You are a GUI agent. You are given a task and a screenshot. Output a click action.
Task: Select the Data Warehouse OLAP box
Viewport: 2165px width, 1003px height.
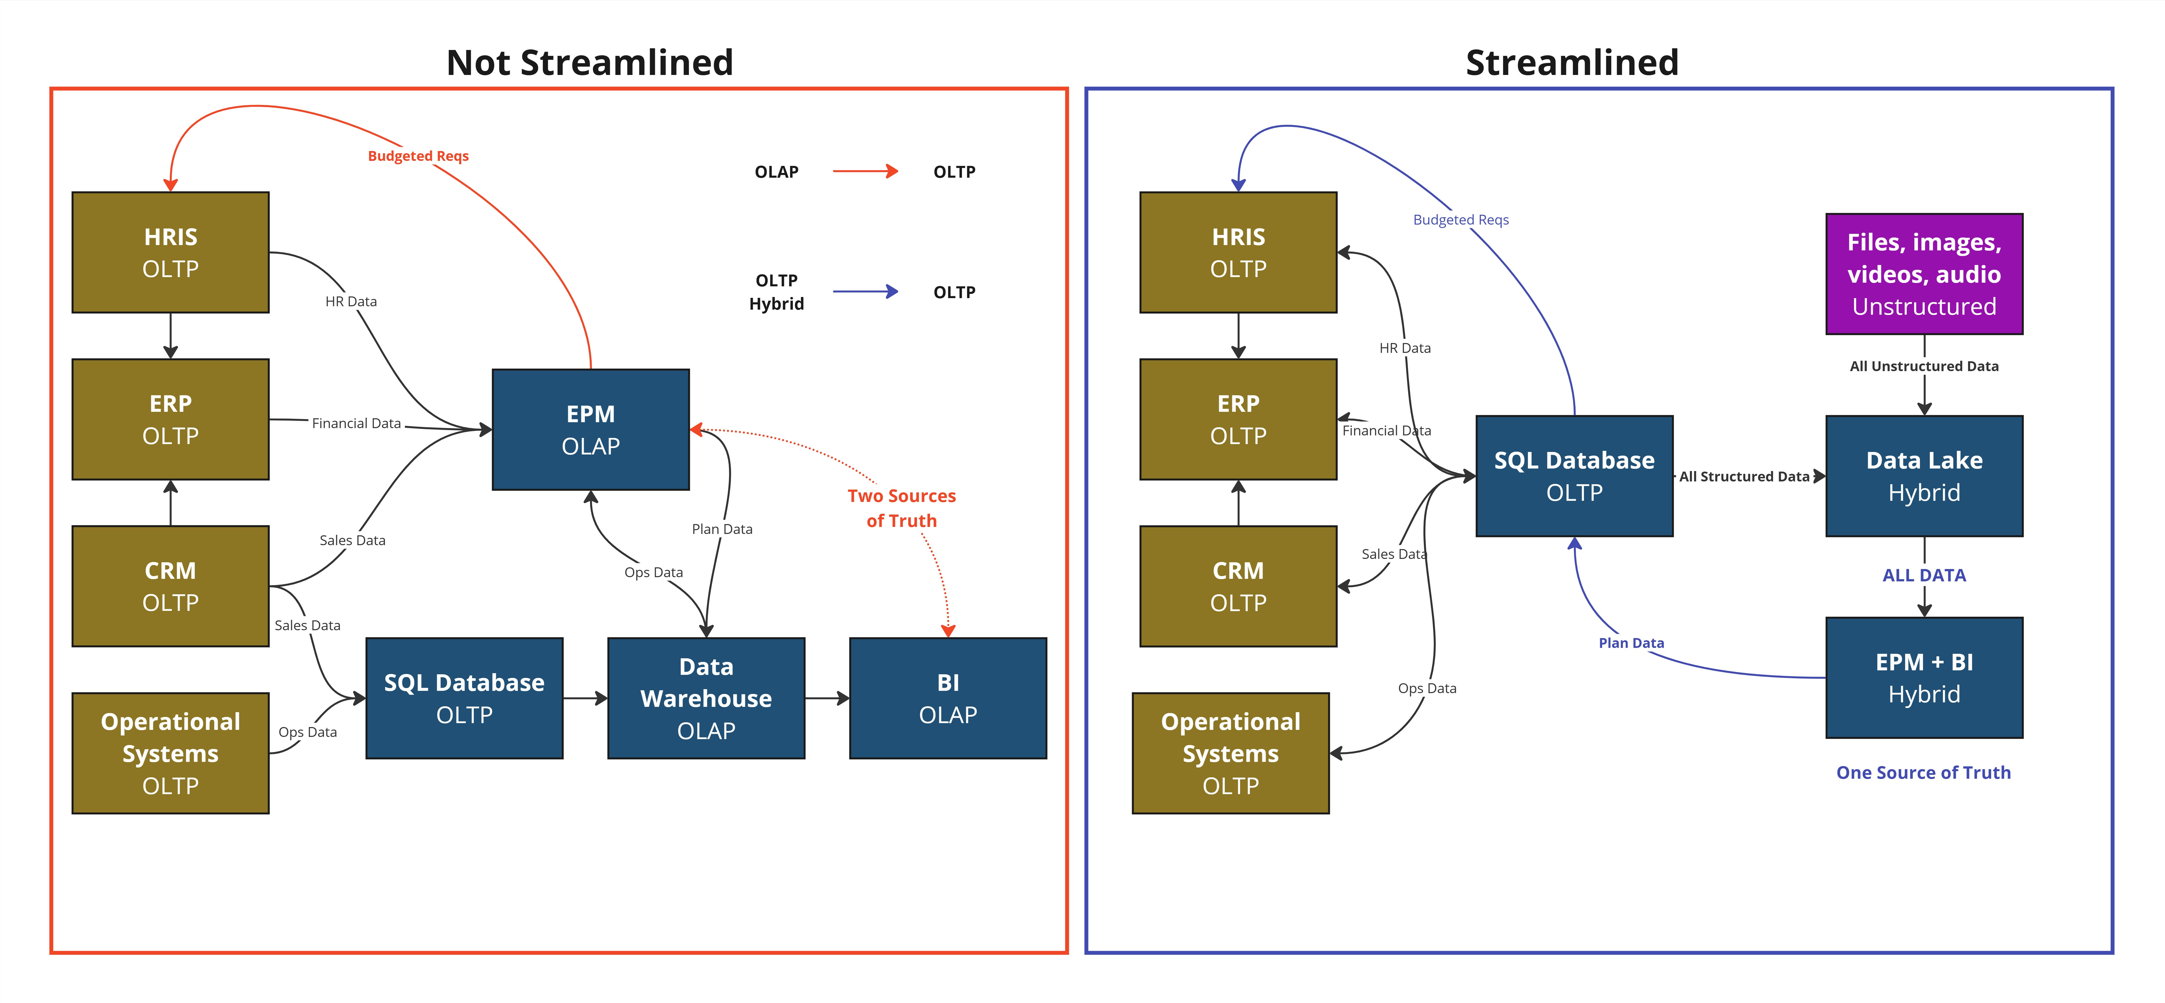(x=706, y=698)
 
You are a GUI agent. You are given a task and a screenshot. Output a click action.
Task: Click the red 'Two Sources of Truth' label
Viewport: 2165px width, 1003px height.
(x=901, y=508)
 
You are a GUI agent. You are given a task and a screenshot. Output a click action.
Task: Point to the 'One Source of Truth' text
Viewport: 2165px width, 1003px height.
(x=1923, y=773)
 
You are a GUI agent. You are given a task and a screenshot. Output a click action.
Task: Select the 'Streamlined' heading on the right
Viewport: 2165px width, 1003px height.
(x=1572, y=62)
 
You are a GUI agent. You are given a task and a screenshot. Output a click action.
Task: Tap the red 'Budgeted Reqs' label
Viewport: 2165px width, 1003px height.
(x=418, y=156)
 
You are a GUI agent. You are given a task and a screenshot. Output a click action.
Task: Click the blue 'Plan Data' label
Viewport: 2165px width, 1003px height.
(x=1631, y=643)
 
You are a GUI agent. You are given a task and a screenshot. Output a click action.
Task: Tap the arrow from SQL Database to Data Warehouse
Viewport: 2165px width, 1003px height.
(x=585, y=698)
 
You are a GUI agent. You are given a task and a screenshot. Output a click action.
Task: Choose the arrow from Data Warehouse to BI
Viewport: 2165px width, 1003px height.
(x=827, y=698)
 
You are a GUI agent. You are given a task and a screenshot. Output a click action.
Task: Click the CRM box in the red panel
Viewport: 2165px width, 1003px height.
(x=171, y=586)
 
